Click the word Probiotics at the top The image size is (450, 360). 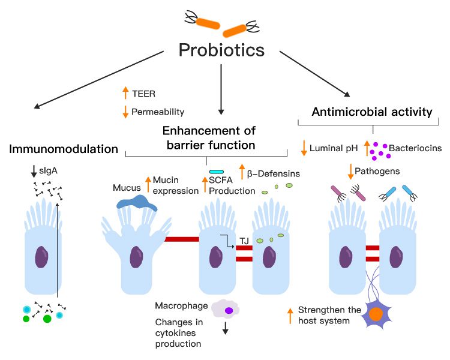click(222, 50)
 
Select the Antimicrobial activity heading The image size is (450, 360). click(372, 112)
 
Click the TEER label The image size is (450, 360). click(143, 93)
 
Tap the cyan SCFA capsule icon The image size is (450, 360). click(217, 172)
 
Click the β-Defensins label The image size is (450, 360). click(274, 174)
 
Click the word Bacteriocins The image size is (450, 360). click(415, 147)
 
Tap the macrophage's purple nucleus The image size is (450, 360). click(229, 310)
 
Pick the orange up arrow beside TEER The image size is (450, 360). click(125, 92)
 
